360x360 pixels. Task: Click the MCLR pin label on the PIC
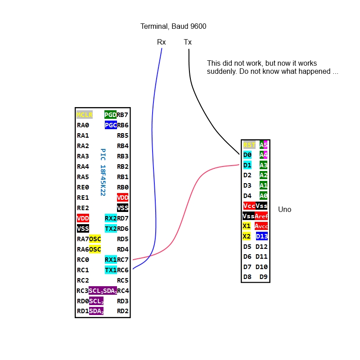pyautogui.click(x=84, y=115)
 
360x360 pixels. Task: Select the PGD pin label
pyautogui.click(x=110, y=115)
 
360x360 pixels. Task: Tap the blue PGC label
pyautogui.click(x=110, y=125)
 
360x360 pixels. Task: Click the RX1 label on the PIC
pyautogui.click(x=110, y=260)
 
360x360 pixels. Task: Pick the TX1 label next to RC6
pyautogui.click(x=110, y=270)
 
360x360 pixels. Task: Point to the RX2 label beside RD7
pyautogui.click(x=110, y=218)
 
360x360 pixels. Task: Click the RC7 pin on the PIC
pyautogui.click(x=123, y=260)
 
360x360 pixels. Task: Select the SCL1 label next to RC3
pyautogui.click(x=96, y=291)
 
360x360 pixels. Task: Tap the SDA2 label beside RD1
pyautogui.click(x=96, y=311)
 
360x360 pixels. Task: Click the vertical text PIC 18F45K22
pyautogui.click(x=103, y=172)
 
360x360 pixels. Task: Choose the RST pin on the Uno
pyautogui.click(x=249, y=145)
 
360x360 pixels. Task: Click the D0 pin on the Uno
pyautogui.click(x=247, y=155)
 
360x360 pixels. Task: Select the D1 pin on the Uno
pyautogui.click(x=247, y=165)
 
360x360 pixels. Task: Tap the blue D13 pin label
pyautogui.click(x=261, y=236)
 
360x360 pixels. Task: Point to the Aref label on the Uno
pyautogui.click(x=261, y=216)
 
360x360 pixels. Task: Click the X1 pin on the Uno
pyautogui.click(x=247, y=226)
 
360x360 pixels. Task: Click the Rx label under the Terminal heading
pyautogui.click(x=161, y=42)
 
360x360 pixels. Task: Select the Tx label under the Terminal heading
pyautogui.click(x=188, y=42)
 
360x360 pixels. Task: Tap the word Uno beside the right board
pyautogui.click(x=284, y=210)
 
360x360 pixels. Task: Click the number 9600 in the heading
pyautogui.click(x=198, y=27)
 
